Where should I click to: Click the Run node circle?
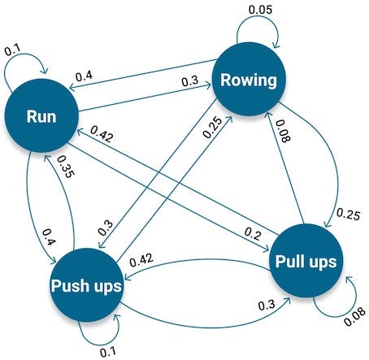[x=41, y=116]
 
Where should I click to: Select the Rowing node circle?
[x=249, y=79]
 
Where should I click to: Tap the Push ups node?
[x=87, y=285]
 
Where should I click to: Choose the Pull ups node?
[x=306, y=261]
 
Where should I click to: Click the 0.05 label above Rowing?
[x=260, y=10]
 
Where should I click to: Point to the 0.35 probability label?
[x=66, y=167]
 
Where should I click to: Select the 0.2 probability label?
[x=253, y=234]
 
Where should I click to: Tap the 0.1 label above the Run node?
[x=12, y=50]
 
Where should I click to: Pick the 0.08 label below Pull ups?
[x=354, y=316]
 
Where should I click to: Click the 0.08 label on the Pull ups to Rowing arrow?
[x=283, y=131]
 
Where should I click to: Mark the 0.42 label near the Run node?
[x=102, y=134]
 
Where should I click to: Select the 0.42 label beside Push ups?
[x=141, y=260]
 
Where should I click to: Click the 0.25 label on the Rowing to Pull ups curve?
[x=348, y=215]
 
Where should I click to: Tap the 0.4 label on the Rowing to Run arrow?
[x=84, y=76]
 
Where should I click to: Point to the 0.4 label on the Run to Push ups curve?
[x=49, y=237]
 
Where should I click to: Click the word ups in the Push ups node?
[x=106, y=286]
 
